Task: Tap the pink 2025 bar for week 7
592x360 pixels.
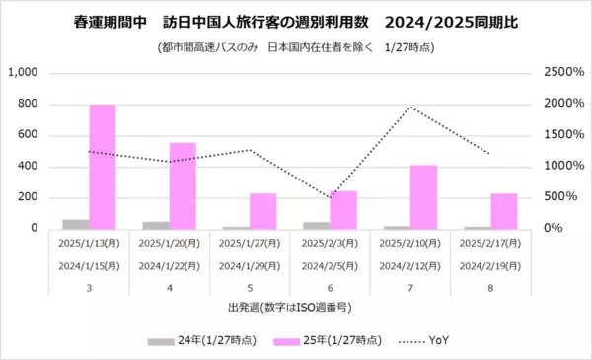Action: click(423, 196)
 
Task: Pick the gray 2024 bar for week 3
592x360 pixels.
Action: click(75, 224)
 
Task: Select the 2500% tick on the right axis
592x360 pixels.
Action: click(561, 73)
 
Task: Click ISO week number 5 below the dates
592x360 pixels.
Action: click(250, 288)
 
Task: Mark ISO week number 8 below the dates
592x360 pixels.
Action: click(490, 288)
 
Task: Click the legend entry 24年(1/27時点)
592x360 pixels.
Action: click(200, 341)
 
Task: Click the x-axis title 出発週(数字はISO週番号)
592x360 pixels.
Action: click(290, 309)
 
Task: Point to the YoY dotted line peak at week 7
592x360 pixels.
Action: click(410, 108)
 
